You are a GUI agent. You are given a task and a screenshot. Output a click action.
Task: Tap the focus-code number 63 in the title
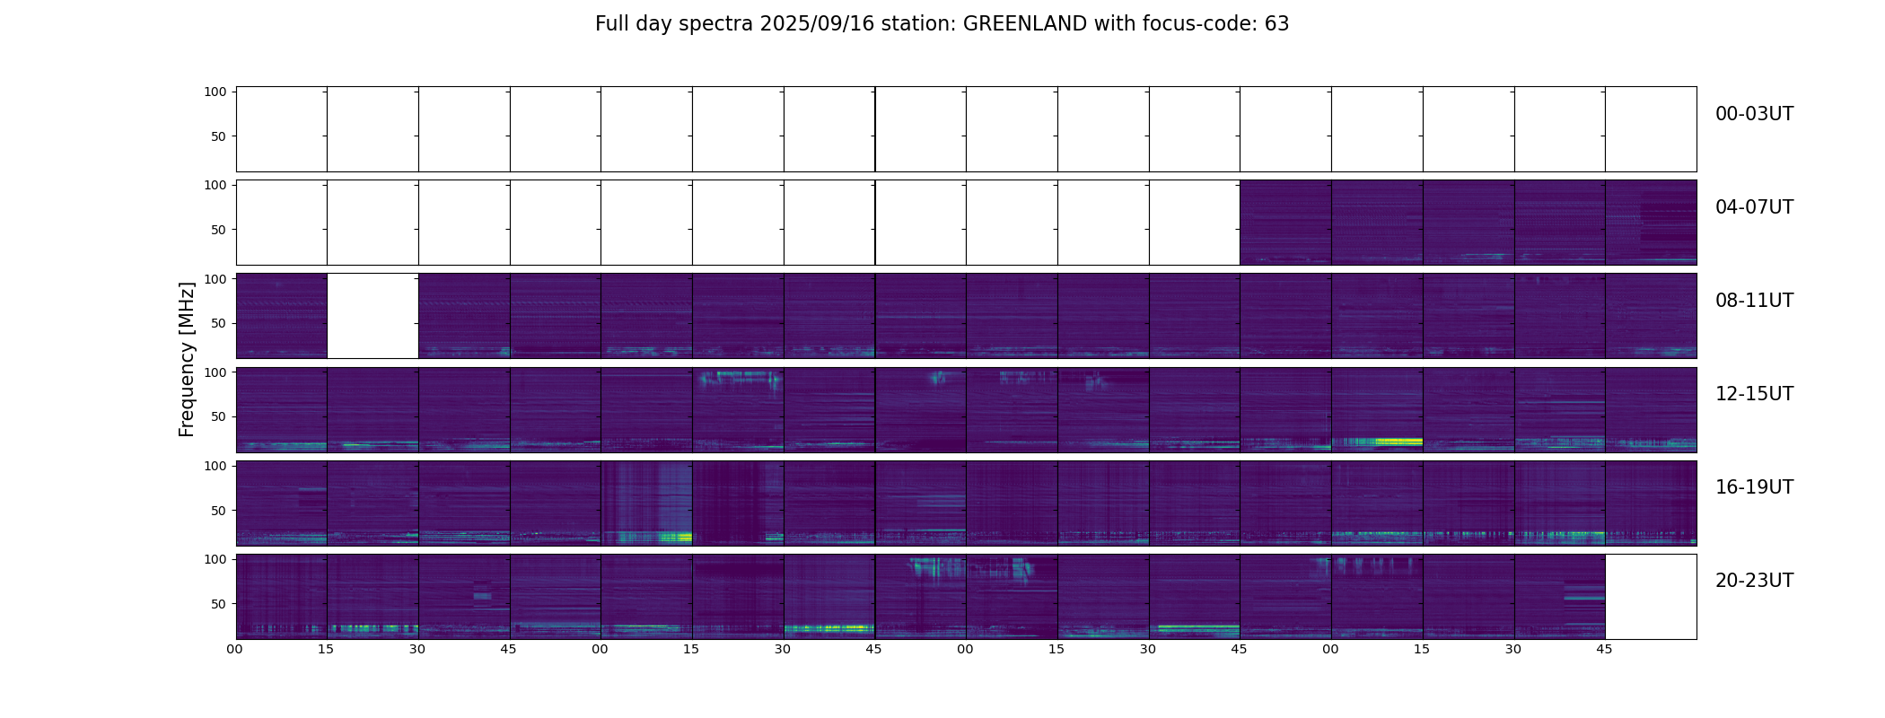coord(1276,24)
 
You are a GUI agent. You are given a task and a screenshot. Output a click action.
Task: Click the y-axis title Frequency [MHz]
coord(187,359)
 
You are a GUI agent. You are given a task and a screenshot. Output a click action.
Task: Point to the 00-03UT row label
coord(1754,114)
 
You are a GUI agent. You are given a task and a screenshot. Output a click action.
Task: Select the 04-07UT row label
coord(1754,207)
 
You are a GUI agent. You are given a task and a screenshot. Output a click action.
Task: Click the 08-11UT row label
coord(1754,301)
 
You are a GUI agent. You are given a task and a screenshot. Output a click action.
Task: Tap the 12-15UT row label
coord(1754,394)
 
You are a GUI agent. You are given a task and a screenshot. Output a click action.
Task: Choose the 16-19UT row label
coord(1754,487)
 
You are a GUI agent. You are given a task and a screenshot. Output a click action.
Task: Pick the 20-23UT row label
coord(1754,581)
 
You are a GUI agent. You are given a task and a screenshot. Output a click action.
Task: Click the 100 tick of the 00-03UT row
coord(215,92)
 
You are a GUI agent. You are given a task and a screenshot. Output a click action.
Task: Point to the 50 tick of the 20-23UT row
coord(218,604)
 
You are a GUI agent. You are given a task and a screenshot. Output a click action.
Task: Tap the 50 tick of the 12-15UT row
coord(218,417)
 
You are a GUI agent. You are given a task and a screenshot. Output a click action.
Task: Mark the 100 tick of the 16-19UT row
coord(215,466)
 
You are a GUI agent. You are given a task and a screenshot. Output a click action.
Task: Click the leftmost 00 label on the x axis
coord(235,650)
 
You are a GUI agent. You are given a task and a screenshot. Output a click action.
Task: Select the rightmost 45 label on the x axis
coord(1604,650)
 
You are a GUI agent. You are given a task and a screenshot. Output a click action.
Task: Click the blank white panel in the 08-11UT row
coord(373,316)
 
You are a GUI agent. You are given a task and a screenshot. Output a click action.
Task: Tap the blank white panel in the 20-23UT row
coord(1650,597)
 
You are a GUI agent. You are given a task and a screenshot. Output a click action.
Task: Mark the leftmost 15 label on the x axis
coord(326,650)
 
